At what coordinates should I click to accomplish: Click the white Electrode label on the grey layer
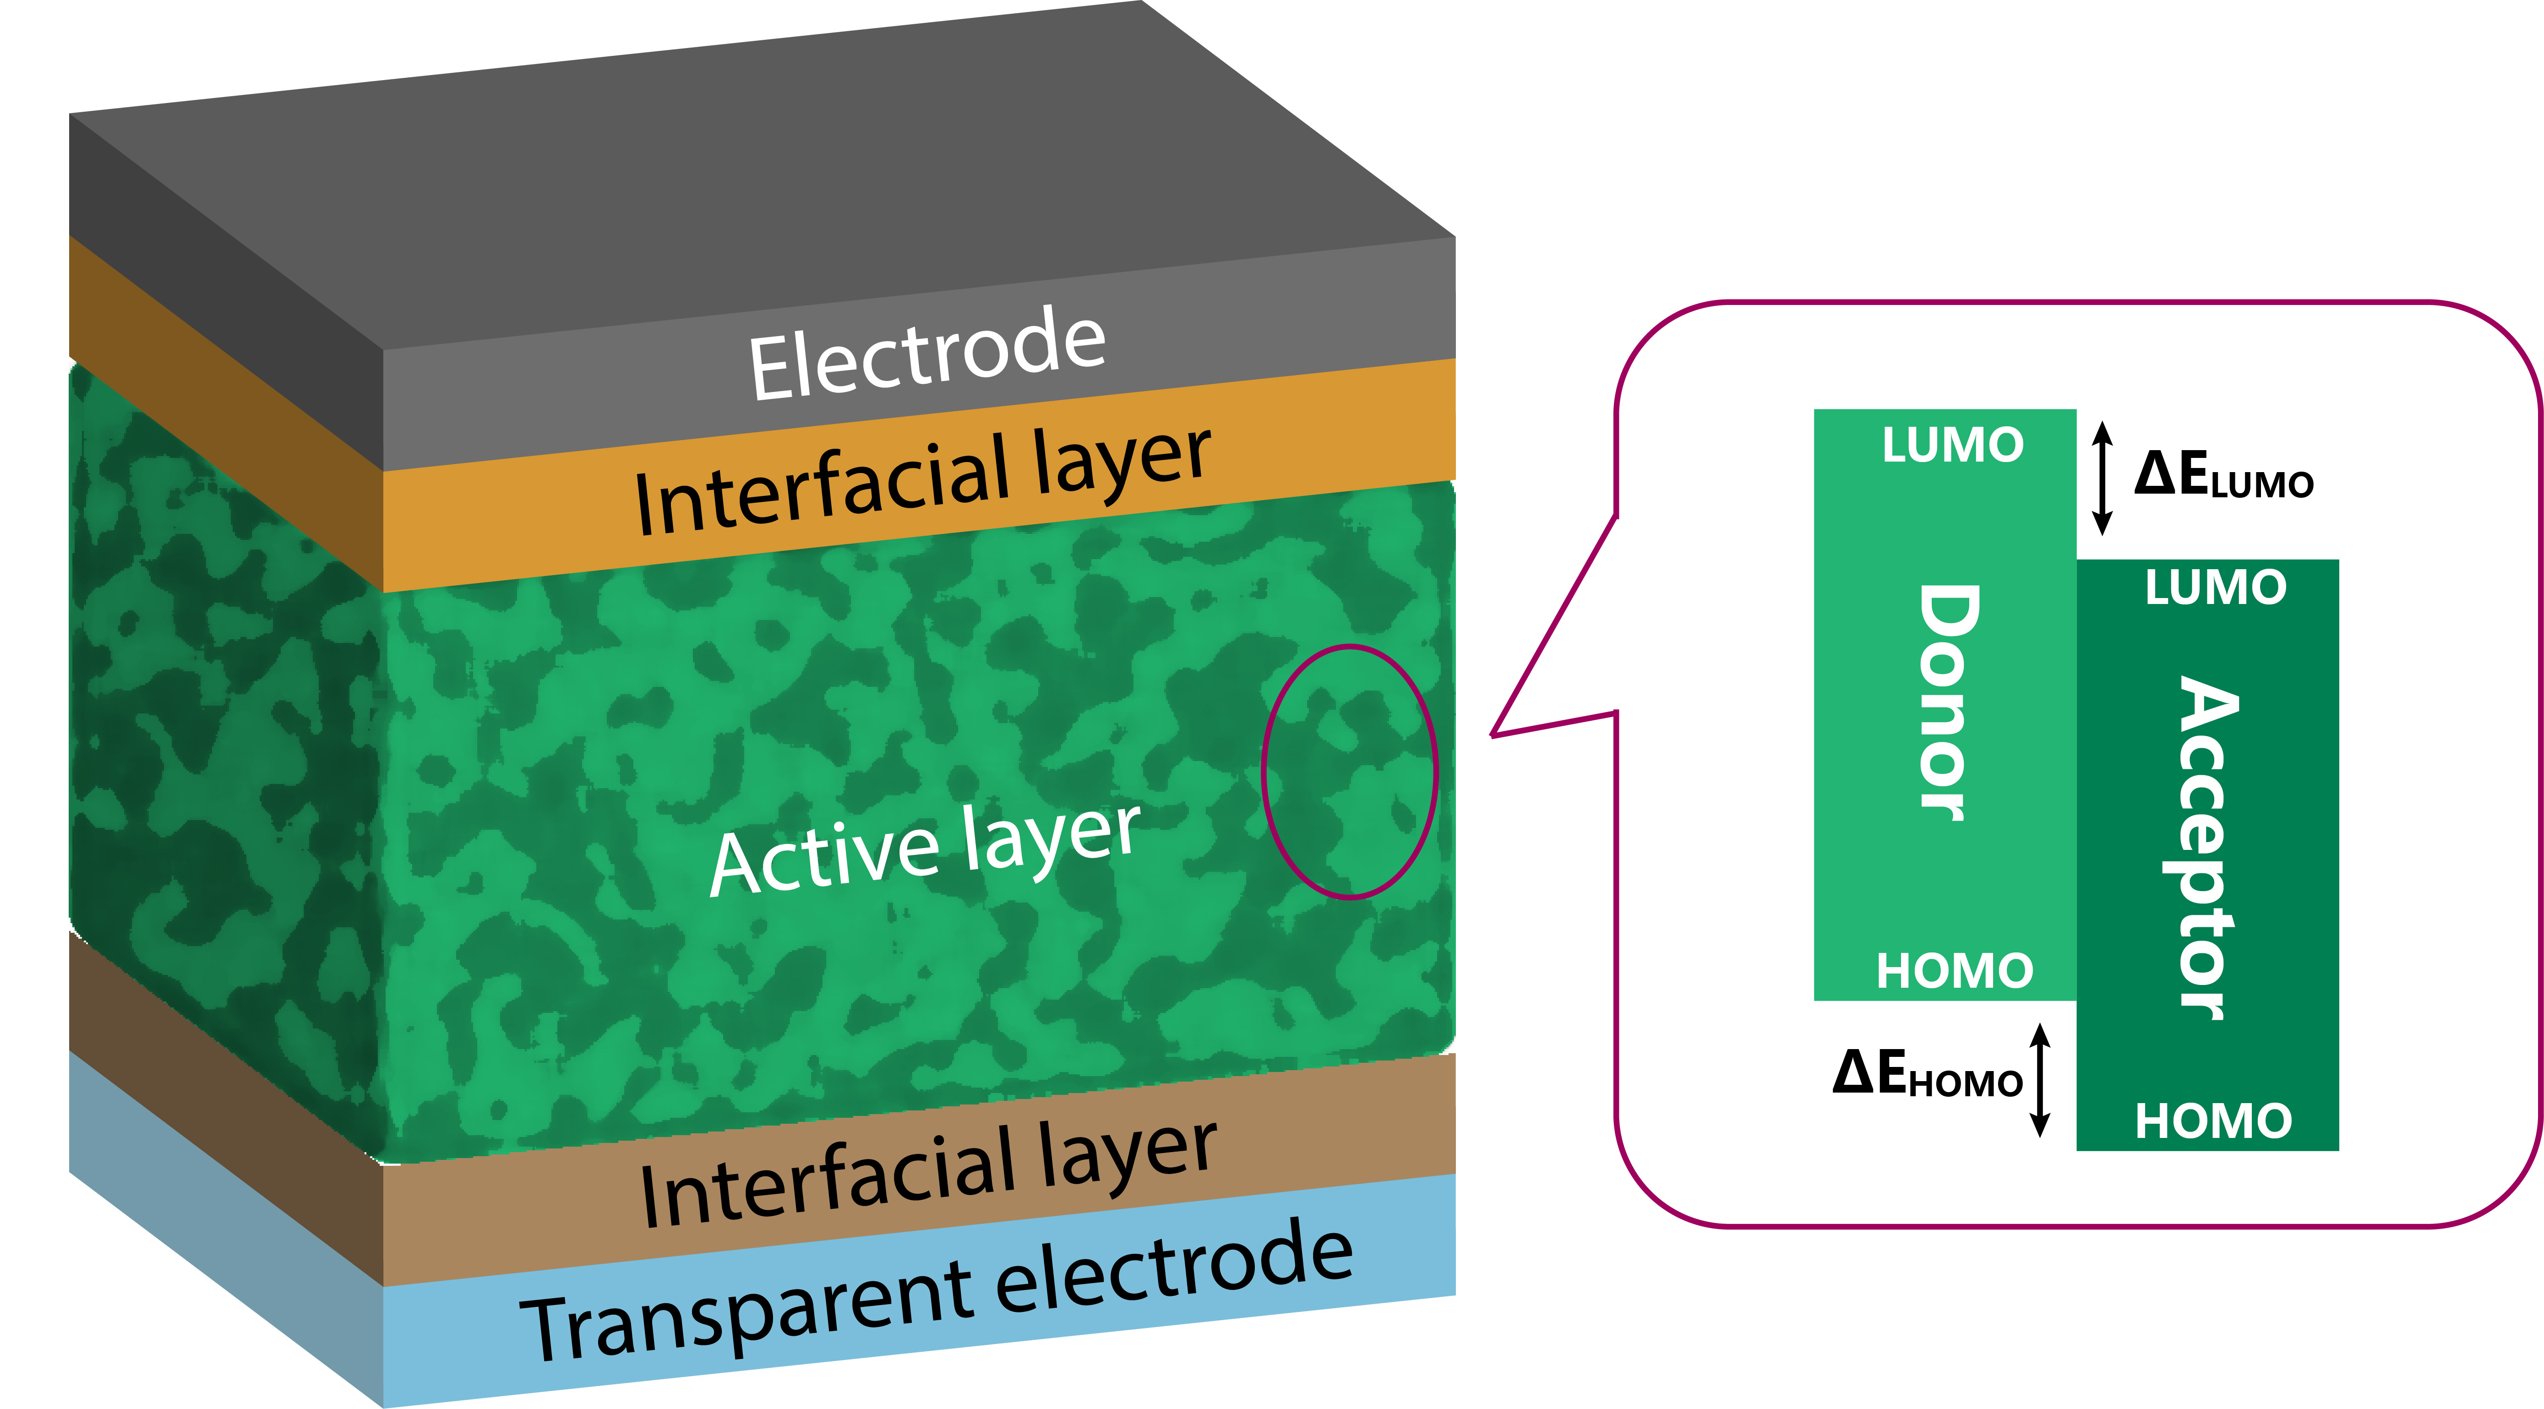[x=926, y=354]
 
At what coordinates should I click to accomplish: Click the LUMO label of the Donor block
[x=1952, y=445]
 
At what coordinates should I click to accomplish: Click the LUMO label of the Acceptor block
[x=2215, y=588]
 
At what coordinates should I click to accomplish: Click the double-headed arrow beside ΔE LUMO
[x=2103, y=478]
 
